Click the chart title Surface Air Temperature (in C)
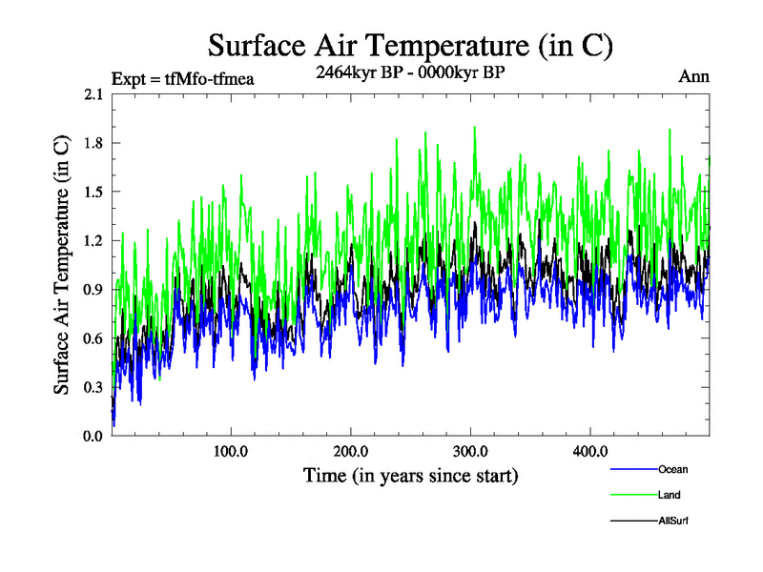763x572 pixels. coord(409,45)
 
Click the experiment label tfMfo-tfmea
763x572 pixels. coord(182,79)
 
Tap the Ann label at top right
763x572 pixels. coord(693,76)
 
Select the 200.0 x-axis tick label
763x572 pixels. coord(351,451)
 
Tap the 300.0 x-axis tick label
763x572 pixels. coord(470,451)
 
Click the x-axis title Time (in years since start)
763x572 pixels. coord(410,475)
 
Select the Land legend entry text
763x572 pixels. coord(670,495)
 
